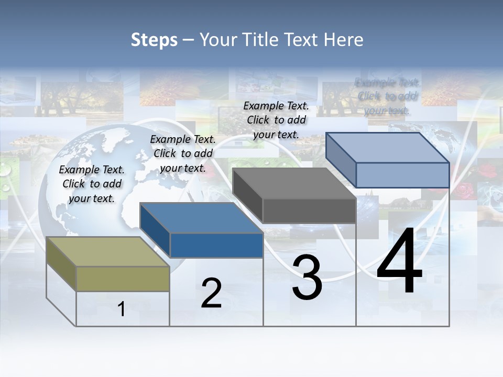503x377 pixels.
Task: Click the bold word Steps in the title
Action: click(154, 40)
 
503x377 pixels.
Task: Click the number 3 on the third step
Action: click(307, 278)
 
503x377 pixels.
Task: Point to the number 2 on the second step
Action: click(211, 293)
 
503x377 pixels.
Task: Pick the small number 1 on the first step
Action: click(122, 309)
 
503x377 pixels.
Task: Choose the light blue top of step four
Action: click(388, 147)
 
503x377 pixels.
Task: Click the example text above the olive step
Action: click(92, 184)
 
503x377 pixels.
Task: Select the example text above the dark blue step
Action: click(183, 153)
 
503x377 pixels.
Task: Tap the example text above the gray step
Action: click(276, 120)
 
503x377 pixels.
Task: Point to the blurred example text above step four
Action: click(387, 96)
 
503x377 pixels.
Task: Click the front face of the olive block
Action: click(123, 279)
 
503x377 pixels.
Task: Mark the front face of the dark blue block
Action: click(216, 245)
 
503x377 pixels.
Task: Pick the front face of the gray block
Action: click(309, 211)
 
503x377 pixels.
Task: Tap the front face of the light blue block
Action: click(402, 175)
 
